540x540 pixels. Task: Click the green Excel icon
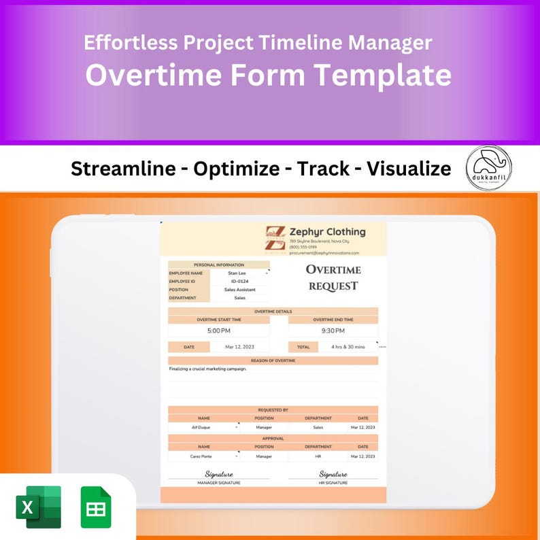38,507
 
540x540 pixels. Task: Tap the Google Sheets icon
96,507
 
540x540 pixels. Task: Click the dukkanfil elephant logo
489,167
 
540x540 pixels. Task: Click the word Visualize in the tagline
409,169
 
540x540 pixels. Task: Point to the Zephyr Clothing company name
327,232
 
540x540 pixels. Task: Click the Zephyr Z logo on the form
275,239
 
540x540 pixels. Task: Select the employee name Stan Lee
237,273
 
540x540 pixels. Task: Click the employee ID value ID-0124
238,281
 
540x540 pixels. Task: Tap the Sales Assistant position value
239,290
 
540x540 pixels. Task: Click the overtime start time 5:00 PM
219,331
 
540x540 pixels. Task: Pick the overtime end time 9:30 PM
333,331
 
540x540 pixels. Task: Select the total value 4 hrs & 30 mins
348,347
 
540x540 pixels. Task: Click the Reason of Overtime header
273,360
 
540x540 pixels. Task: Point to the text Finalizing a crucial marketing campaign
208,369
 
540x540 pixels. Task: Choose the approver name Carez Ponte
202,456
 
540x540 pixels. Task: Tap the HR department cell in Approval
318,456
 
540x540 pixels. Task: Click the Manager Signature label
219,483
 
